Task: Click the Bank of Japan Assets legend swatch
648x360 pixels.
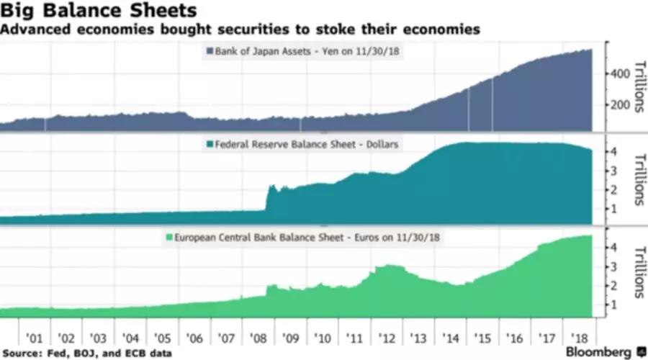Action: point(210,51)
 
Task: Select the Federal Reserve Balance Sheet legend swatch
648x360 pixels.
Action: point(210,144)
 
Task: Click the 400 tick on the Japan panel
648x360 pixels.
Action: point(620,73)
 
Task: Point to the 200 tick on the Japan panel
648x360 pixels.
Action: point(620,105)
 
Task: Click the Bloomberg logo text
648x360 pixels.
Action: point(599,351)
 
